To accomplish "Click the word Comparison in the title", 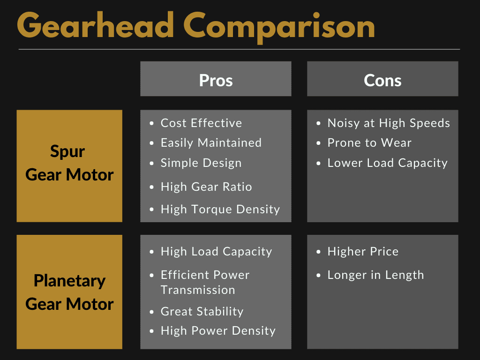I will click(279, 27).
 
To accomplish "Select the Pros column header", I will click(216, 80).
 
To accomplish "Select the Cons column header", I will click(382, 80).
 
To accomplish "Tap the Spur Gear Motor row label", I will click(69, 164).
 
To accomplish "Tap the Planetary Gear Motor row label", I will click(69, 292).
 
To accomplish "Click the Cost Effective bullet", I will click(201, 123).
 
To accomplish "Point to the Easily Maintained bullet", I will click(211, 143).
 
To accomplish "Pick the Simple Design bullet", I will click(201, 163).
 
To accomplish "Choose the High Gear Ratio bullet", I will click(206, 187).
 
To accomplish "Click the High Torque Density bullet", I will click(220, 209).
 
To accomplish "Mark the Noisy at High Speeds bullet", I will click(389, 123).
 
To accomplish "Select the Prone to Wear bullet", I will click(369, 143).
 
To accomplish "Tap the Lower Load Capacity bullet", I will click(387, 163).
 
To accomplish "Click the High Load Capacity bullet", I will click(216, 252).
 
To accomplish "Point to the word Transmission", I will click(198, 290).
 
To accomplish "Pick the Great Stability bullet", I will click(202, 312).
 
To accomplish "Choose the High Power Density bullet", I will click(218, 331).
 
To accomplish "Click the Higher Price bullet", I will click(363, 252).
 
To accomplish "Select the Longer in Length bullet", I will click(375, 275).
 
